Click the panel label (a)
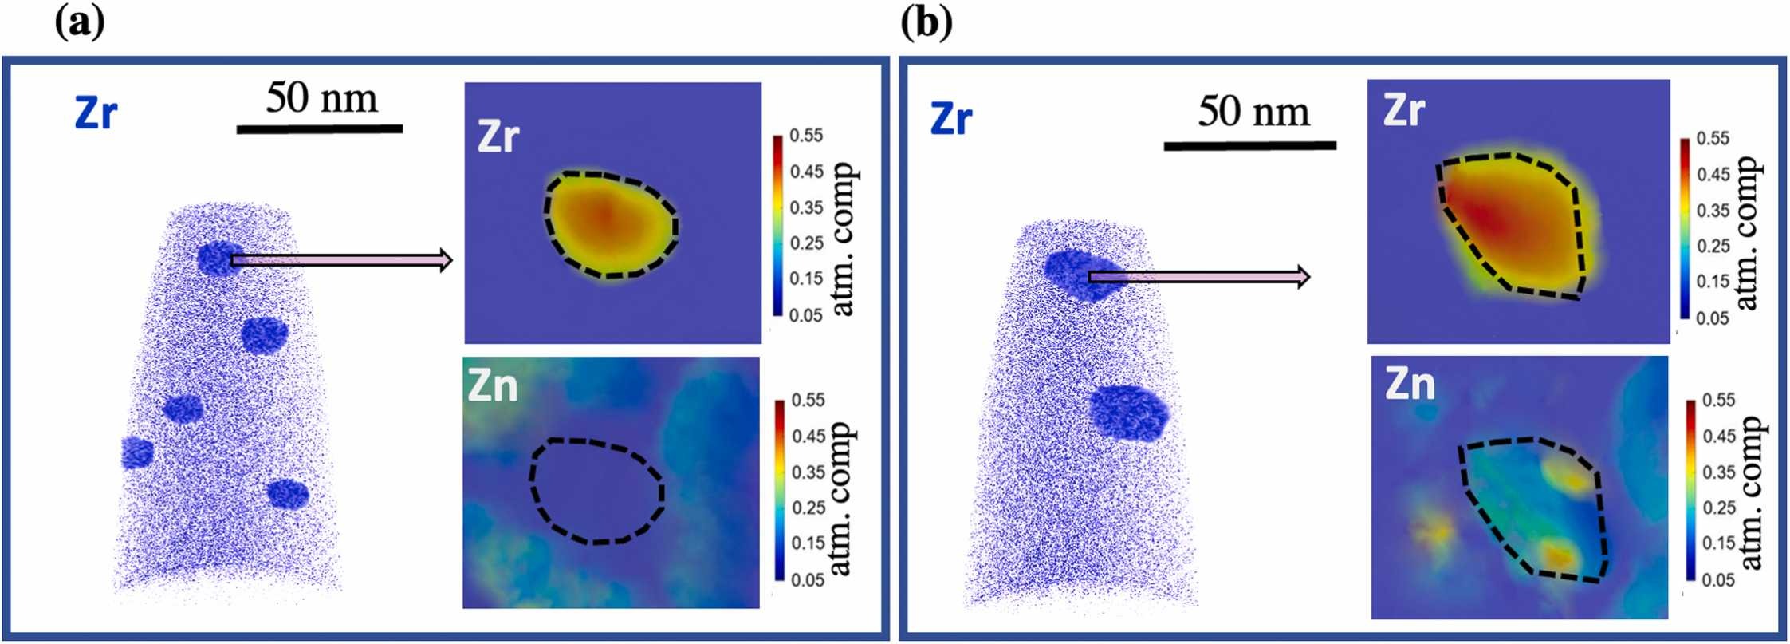click(x=80, y=24)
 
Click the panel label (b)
click(x=926, y=24)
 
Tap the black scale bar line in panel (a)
click(x=319, y=128)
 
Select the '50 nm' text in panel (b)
click(x=1253, y=111)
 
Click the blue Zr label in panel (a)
click(x=96, y=113)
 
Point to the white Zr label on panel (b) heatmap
click(x=1404, y=110)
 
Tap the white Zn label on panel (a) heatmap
click(x=493, y=386)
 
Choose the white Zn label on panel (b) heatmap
click(x=1410, y=385)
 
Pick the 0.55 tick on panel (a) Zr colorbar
click(x=806, y=136)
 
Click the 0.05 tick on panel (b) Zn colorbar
click(x=1718, y=579)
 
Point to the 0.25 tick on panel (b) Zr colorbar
click(x=1713, y=246)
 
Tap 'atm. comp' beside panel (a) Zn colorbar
click(x=842, y=498)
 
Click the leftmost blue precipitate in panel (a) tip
click(x=137, y=452)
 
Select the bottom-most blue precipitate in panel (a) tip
click(x=287, y=493)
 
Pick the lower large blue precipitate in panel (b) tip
click(x=1129, y=413)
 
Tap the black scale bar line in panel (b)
click(x=1249, y=146)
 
